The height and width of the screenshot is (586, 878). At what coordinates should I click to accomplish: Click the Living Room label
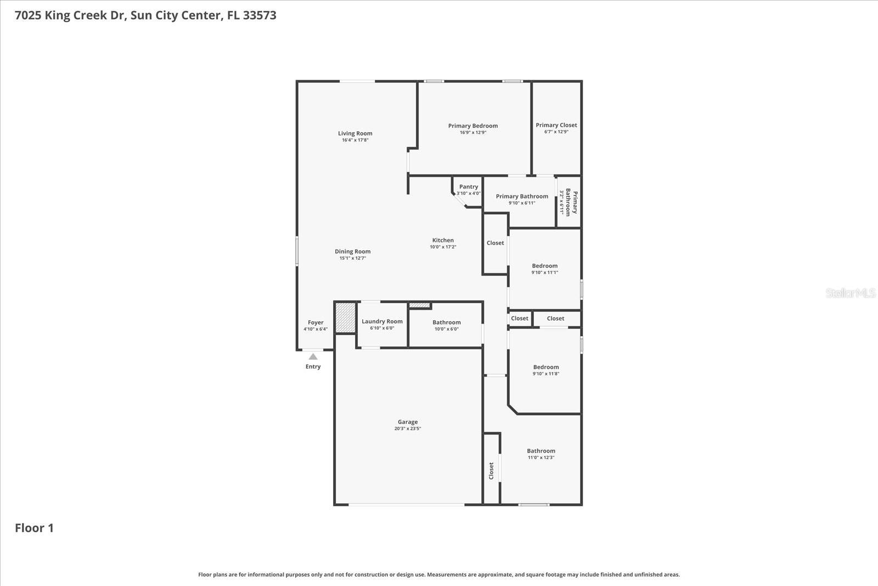coord(355,133)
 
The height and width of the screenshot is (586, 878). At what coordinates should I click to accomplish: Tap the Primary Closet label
coord(556,125)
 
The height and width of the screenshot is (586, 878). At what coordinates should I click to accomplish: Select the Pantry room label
coord(469,187)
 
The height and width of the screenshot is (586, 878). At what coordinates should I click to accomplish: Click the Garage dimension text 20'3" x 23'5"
coord(408,429)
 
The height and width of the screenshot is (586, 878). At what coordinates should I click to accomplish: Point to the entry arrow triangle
coord(313,356)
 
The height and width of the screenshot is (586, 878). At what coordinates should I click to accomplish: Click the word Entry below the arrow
coord(313,367)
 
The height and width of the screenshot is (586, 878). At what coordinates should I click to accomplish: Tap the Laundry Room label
coord(382,322)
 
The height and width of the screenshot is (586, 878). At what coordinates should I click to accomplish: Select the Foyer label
coord(316,323)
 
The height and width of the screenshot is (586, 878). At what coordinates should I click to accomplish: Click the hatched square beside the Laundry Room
coord(345,317)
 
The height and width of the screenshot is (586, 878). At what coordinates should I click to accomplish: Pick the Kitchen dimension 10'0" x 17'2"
coord(443,247)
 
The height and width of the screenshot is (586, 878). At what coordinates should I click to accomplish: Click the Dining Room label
coord(353,252)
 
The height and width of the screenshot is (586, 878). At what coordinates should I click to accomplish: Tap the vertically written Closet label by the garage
coord(491,471)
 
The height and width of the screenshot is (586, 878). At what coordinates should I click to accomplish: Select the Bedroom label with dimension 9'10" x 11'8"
coord(546,367)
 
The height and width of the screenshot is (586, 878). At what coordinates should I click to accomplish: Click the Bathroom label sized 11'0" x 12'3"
coord(541,451)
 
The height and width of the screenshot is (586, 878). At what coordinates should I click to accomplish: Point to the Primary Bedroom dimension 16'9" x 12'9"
coord(473,132)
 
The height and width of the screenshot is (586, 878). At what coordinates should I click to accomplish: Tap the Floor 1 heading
coord(34,528)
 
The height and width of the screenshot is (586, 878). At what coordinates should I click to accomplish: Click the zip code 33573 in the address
coord(260,15)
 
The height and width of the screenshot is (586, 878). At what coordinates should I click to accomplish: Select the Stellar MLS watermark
coord(850,293)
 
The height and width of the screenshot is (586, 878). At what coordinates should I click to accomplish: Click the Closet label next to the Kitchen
coord(495,243)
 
